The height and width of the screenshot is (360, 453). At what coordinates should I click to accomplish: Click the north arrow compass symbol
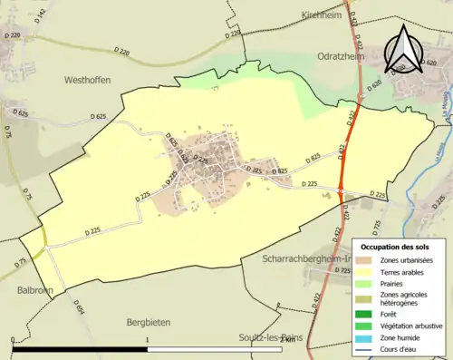[x=405, y=50]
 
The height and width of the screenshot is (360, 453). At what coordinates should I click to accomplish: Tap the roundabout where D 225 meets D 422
[x=341, y=190]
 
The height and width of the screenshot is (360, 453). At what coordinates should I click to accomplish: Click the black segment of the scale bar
[x=79, y=349]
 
